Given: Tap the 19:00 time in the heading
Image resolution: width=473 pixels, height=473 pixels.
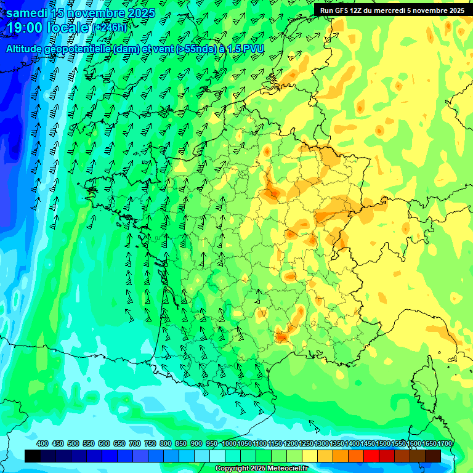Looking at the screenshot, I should pos(25,28).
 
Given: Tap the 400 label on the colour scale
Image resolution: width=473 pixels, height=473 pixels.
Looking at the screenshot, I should pos(42,443).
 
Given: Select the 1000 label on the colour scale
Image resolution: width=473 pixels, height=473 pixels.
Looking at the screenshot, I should pos(228,443).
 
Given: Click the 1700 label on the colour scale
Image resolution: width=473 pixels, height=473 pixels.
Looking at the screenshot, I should pos(444,443).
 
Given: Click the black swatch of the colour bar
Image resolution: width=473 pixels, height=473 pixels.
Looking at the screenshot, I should pos(33,456).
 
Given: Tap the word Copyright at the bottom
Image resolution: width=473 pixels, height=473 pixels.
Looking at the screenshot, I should pos(232,469).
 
